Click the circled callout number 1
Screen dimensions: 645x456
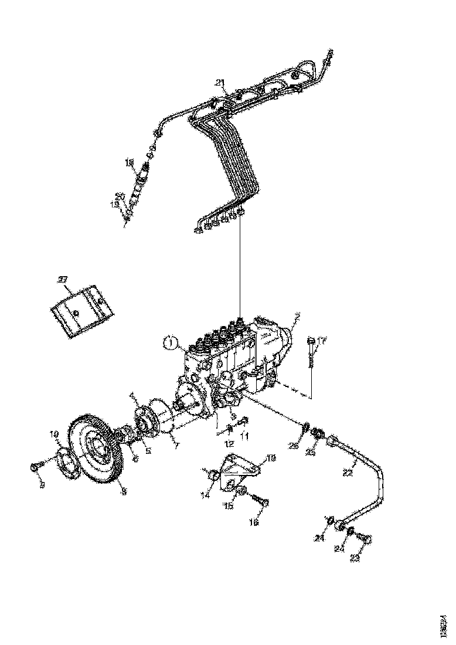tap(169, 341)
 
